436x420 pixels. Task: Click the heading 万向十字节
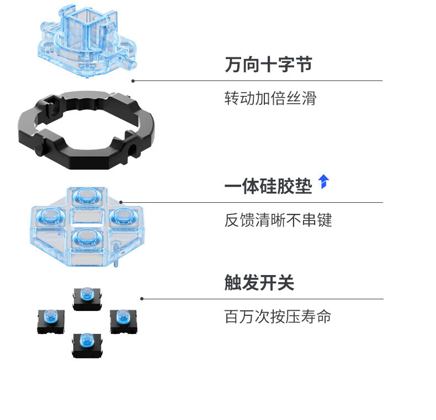tap(268, 64)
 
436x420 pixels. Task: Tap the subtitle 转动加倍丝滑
tap(270, 99)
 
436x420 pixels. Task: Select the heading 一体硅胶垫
tap(268, 186)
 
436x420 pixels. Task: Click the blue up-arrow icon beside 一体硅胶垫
tap(323, 181)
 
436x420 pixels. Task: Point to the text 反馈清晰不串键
tap(278, 220)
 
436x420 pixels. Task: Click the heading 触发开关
tap(259, 283)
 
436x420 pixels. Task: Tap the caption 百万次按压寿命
tap(278, 317)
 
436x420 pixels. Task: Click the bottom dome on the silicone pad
tap(84, 237)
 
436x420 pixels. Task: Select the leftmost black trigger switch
tap(51, 320)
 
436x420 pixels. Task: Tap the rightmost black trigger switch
tap(123, 320)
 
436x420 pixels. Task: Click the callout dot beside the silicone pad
tap(121, 202)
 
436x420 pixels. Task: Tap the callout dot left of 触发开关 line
tap(142, 299)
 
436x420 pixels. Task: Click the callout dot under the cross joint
tap(133, 80)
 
